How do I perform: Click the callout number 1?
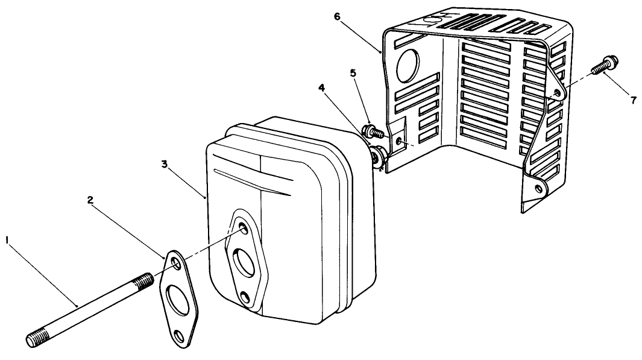point(7,239)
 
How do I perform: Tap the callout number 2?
point(90,200)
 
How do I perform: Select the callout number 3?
point(165,164)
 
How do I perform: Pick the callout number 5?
point(353,73)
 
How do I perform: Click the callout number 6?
point(337,16)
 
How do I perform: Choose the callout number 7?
point(634,100)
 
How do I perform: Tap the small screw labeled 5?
point(374,131)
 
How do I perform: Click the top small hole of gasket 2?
point(175,263)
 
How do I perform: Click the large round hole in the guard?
point(408,65)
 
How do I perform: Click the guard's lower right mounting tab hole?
point(538,188)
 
